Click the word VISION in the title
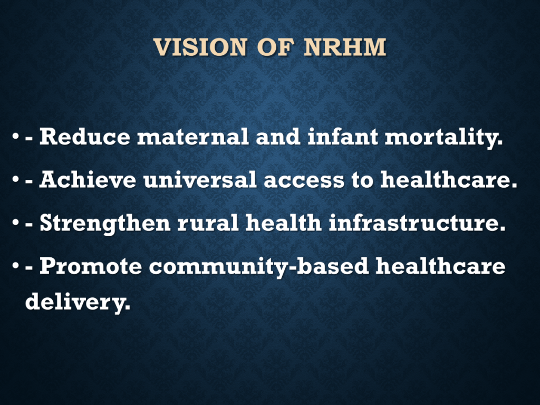200,47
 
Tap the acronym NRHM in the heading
345,47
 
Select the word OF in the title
275,47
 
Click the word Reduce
85,137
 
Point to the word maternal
193,137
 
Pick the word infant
343,137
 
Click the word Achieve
88,179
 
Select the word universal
200,179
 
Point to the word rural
208,223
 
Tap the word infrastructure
417,223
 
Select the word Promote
91,266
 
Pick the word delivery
78,302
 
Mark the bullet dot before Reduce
15,137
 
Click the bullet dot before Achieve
15,180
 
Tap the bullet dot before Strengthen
15,223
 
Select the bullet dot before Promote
15,266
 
